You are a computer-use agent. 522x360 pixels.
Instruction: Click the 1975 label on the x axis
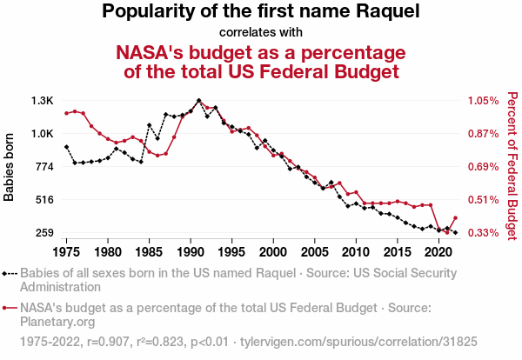(x=66, y=252)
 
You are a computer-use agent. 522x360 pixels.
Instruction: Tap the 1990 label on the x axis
(x=191, y=252)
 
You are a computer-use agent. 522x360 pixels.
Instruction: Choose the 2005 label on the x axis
(x=314, y=252)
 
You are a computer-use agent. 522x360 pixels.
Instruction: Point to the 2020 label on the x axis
(x=438, y=252)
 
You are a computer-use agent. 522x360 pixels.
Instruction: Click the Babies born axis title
(x=10, y=166)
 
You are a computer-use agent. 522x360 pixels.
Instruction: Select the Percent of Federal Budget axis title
(x=512, y=165)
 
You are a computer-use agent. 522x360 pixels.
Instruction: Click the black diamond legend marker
(x=9, y=272)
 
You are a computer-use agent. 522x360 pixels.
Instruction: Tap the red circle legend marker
(x=9, y=308)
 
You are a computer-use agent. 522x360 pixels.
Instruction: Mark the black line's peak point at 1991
(x=198, y=101)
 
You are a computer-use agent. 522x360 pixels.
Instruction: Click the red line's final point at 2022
(x=455, y=218)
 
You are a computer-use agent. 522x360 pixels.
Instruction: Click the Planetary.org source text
(x=57, y=322)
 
